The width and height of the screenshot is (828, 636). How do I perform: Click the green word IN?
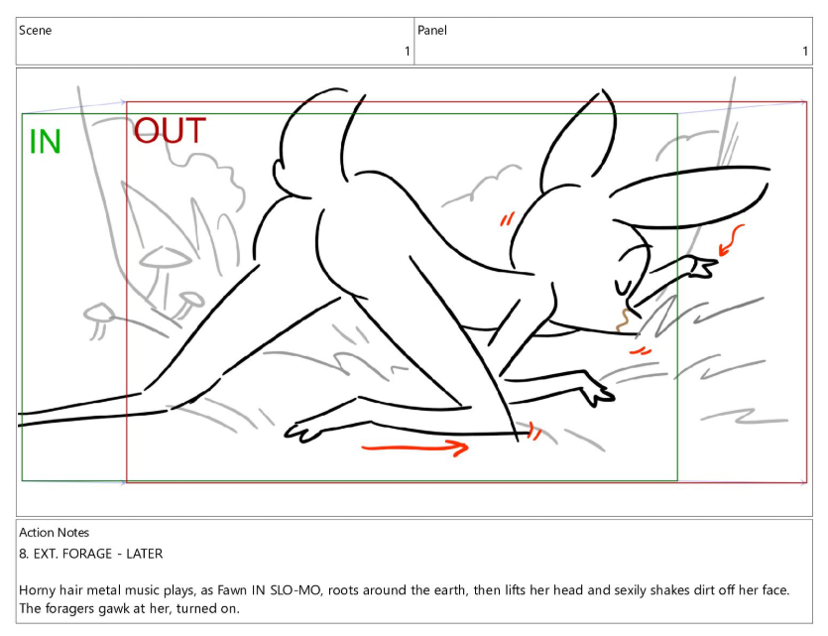(46, 142)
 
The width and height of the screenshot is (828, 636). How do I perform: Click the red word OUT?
(170, 131)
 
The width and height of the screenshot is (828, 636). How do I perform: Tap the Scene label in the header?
(36, 30)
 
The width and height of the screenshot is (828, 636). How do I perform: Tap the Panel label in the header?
(432, 30)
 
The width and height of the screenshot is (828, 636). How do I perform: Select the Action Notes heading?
(54, 532)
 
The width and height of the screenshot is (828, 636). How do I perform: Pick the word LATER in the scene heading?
(144, 554)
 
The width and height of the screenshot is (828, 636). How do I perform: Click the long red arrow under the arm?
(415, 447)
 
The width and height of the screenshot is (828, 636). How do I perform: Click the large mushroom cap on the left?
(165, 257)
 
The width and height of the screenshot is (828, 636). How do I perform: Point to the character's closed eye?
(623, 288)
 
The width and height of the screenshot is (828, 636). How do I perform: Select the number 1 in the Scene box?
(408, 52)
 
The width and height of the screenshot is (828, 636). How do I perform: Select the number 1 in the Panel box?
(805, 52)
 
